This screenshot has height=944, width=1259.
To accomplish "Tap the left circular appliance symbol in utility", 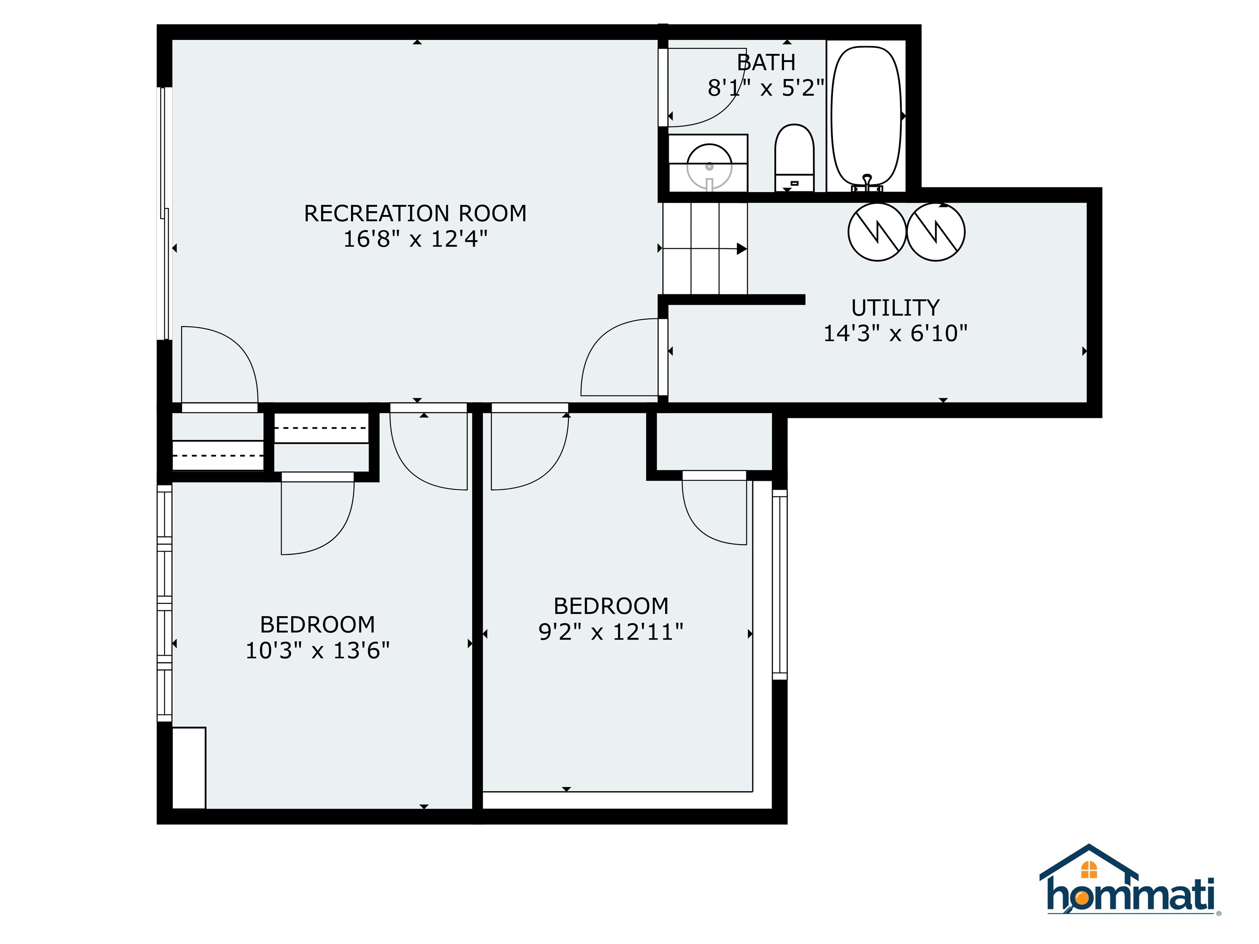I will (877, 232).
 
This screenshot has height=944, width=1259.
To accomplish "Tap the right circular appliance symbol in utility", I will (936, 232).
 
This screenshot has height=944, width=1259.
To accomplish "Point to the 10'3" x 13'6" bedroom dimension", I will (317, 650).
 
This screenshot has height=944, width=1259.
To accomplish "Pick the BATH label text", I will (766, 62).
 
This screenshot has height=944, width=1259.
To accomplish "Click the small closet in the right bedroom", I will (714, 441).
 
